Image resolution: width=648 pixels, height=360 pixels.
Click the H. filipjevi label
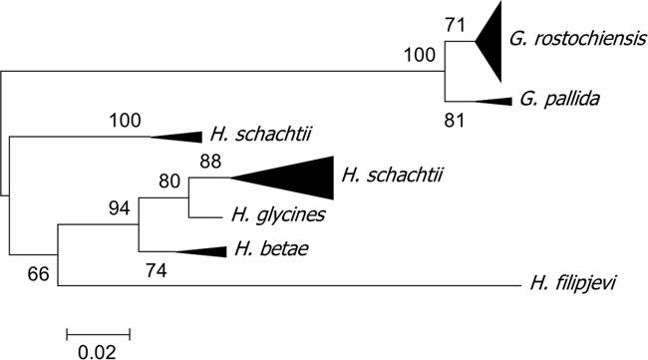[570, 286]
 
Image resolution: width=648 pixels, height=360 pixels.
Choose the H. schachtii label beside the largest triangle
[391, 177]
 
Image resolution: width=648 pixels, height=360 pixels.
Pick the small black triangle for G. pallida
[492, 100]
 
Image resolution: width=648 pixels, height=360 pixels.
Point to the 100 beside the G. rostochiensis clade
[420, 57]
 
